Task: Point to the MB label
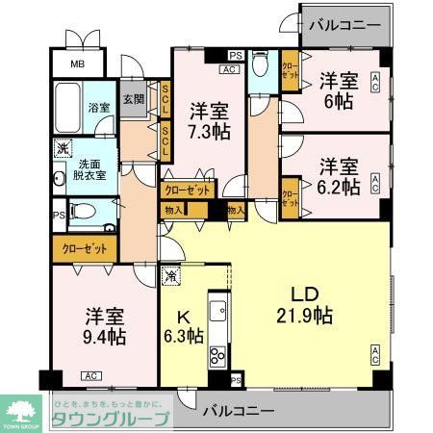coord(74,65)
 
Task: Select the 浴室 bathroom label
coord(98,107)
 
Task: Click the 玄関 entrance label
coord(134,99)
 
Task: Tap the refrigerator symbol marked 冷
coord(170,275)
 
